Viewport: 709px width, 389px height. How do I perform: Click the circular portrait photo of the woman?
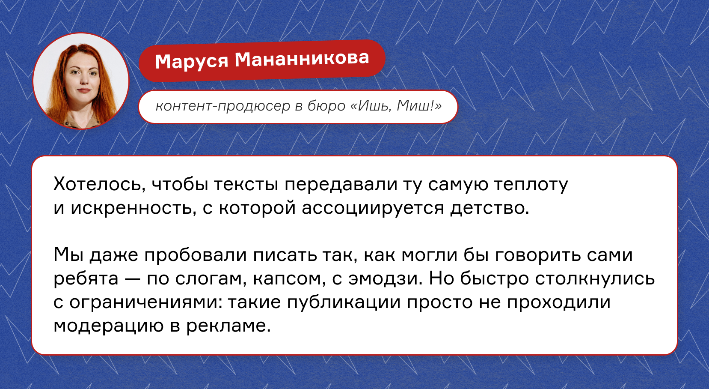coord(81,81)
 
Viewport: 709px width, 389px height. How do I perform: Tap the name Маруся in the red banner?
coord(192,60)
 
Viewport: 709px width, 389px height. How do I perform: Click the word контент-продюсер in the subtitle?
coord(223,106)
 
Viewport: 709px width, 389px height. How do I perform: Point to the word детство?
coord(489,208)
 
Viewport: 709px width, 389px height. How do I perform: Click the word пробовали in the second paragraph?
coord(195,255)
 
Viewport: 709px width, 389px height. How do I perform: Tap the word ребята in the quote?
coord(86,278)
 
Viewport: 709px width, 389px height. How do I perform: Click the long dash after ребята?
coord(133,279)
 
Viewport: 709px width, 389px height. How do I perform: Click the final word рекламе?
coord(228,326)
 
